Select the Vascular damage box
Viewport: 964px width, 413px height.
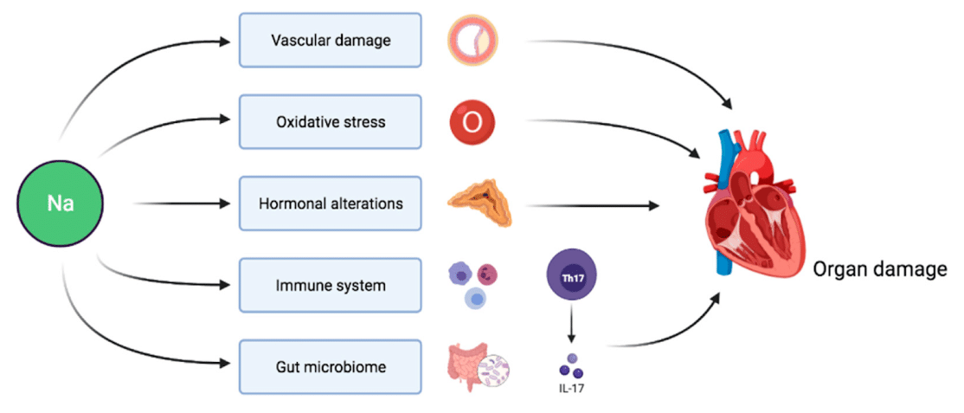click(x=329, y=41)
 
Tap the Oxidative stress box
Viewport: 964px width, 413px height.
click(x=329, y=122)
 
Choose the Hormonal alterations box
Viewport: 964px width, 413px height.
click(x=329, y=204)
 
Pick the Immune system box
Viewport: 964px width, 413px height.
click(x=329, y=286)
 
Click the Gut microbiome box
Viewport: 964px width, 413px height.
click(x=329, y=367)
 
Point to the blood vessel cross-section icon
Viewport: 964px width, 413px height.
click(x=473, y=42)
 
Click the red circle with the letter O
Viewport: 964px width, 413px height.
click(x=472, y=123)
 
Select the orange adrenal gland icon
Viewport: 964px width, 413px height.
click(x=479, y=203)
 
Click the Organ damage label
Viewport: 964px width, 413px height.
click(x=879, y=270)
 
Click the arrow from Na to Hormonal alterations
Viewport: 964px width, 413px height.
click(x=181, y=204)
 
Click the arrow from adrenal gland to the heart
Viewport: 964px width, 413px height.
click(x=588, y=205)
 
